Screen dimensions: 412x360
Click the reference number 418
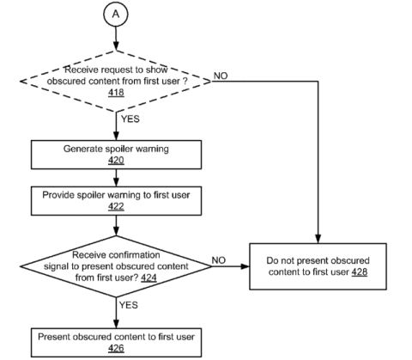click(x=116, y=93)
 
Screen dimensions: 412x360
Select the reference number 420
click(x=116, y=160)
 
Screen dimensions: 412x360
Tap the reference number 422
click(x=116, y=206)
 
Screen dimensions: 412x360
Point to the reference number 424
click(x=148, y=278)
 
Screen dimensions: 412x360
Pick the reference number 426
click(x=116, y=348)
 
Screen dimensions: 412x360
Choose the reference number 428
click(x=359, y=272)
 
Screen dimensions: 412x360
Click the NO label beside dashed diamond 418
click(x=221, y=76)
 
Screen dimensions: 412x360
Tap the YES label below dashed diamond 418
click(x=130, y=119)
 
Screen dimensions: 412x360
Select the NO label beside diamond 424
click(x=219, y=260)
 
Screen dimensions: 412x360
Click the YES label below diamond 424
click(x=129, y=305)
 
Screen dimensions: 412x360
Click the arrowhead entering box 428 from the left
click(x=245, y=266)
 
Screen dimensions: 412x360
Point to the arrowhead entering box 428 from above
click(x=318, y=239)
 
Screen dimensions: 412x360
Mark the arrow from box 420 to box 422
click(x=116, y=178)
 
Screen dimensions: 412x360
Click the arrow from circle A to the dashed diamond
click(x=116, y=39)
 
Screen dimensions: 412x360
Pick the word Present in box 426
click(x=53, y=337)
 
